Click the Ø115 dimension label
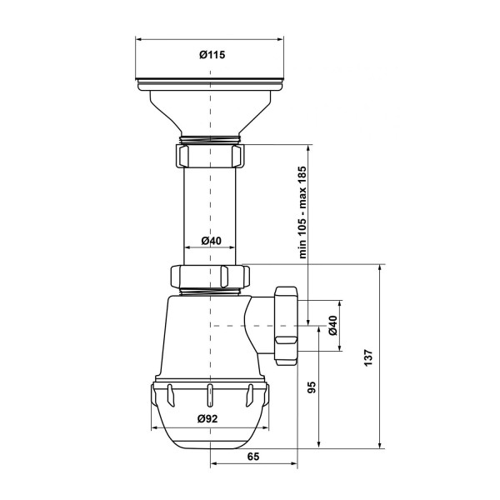(x=212, y=55)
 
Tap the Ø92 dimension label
(x=207, y=418)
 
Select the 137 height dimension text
(x=368, y=357)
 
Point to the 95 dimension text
(x=312, y=387)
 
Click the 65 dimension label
(x=253, y=457)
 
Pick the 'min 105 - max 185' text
(x=302, y=212)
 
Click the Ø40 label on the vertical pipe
(x=211, y=241)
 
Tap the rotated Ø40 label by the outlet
(x=332, y=325)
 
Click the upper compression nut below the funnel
(x=209, y=156)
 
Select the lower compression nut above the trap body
(x=210, y=277)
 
